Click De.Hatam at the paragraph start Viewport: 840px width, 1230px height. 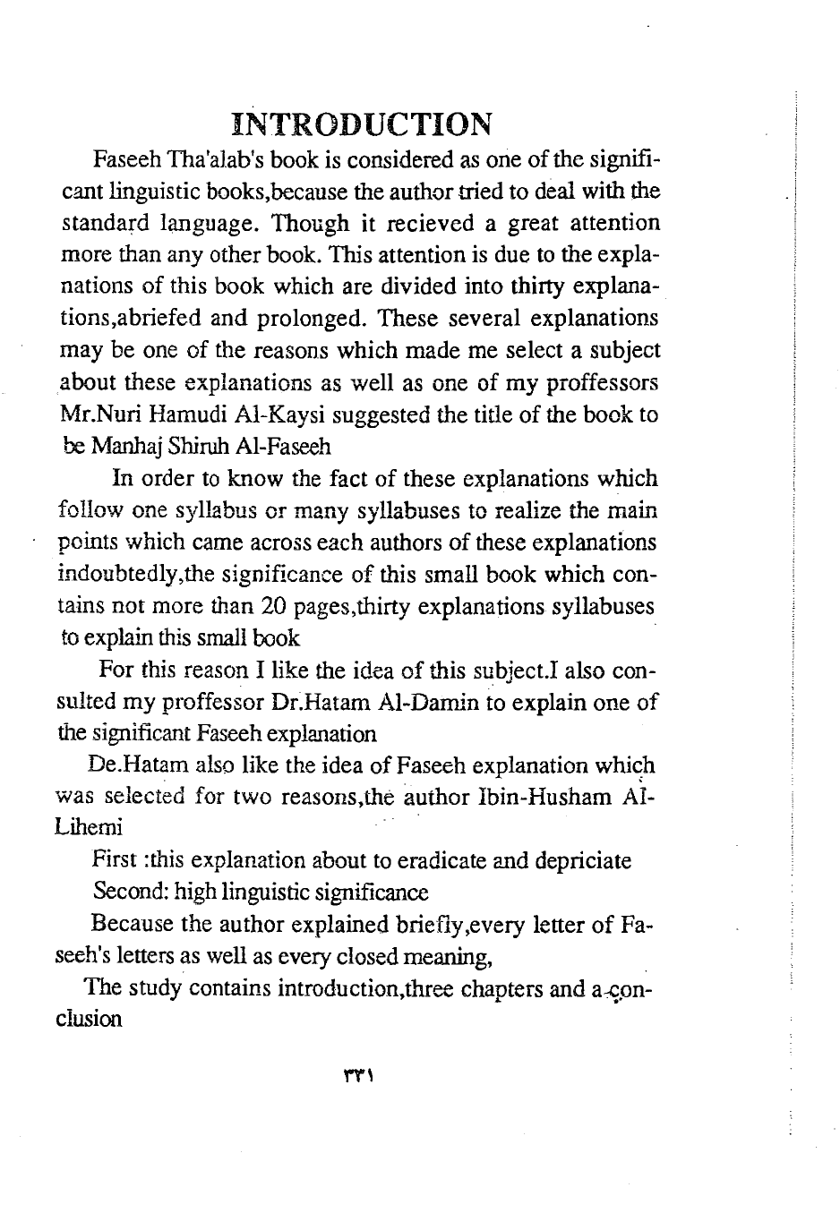[x=130, y=765]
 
